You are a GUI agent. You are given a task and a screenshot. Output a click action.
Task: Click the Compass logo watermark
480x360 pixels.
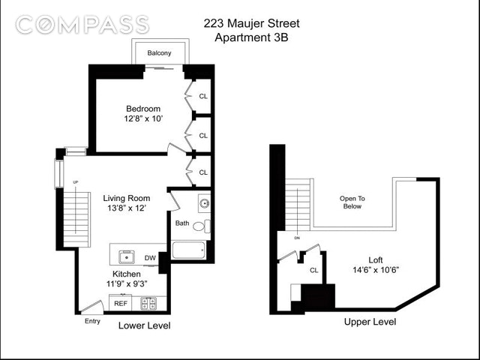[82, 25]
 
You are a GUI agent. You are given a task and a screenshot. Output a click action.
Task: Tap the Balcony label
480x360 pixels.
[159, 53]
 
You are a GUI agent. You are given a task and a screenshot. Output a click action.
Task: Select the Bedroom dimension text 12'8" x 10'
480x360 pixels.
[143, 118]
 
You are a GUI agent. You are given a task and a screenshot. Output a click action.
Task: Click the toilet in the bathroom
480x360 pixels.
[202, 226]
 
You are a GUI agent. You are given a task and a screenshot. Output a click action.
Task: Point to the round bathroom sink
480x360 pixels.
[204, 203]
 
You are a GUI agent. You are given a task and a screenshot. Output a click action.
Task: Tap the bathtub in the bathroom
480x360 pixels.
[188, 250]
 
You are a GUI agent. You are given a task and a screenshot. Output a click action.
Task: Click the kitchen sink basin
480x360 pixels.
[127, 256]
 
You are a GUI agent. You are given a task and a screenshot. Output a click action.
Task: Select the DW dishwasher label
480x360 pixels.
[150, 258]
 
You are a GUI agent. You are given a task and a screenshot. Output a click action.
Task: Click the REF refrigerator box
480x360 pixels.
[120, 302]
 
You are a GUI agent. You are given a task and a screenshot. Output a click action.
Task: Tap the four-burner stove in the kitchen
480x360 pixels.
[148, 303]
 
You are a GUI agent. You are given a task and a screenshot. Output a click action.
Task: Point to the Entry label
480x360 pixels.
[92, 322]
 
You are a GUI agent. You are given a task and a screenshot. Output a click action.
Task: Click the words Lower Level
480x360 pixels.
[145, 325]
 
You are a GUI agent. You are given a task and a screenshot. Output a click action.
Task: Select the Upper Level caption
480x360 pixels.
[370, 322]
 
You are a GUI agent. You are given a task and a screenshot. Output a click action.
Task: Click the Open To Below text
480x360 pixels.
[352, 202]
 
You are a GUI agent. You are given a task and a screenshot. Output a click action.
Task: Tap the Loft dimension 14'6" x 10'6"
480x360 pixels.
[375, 270]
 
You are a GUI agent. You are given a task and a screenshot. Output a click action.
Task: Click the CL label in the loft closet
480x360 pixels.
[314, 270]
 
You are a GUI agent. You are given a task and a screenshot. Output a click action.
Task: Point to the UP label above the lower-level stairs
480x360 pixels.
[75, 182]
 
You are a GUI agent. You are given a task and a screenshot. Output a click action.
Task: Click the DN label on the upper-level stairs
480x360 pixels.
[297, 238]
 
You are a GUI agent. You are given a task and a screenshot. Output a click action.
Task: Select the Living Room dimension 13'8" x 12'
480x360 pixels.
[127, 208]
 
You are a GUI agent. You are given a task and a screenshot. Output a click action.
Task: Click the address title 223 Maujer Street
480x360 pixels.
[252, 23]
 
